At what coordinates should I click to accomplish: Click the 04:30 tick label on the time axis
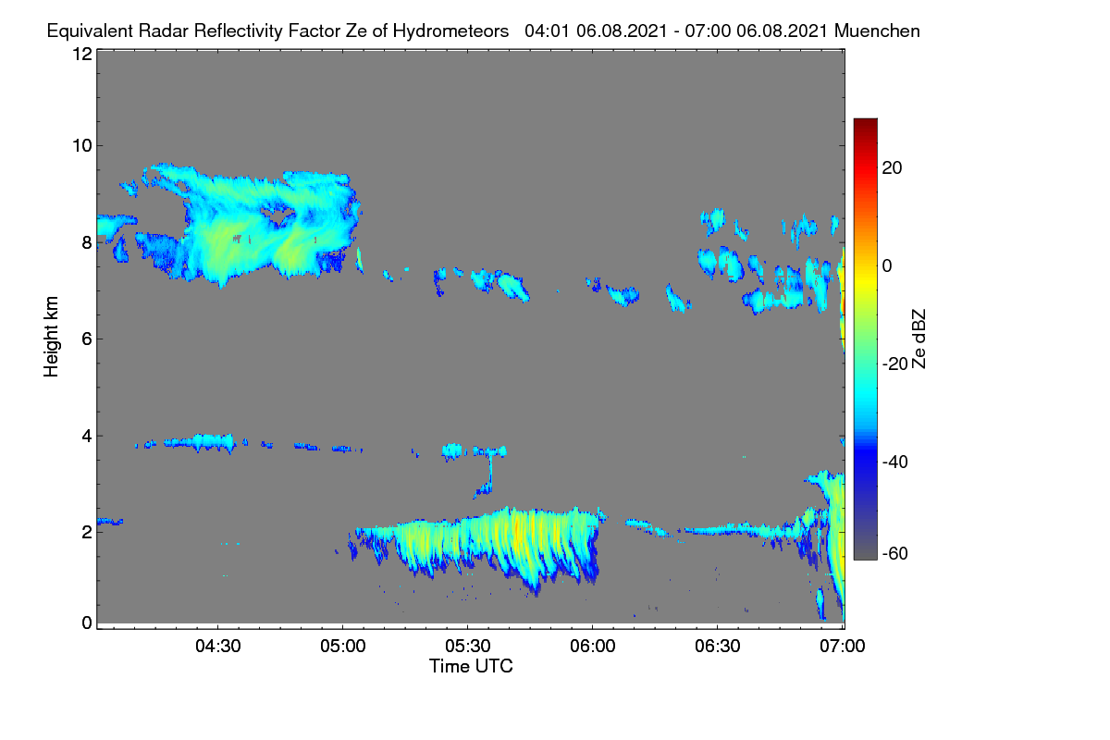pyautogui.click(x=218, y=647)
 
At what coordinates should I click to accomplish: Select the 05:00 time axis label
pyautogui.click(x=343, y=647)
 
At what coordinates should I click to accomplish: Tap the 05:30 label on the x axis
pyautogui.click(x=468, y=647)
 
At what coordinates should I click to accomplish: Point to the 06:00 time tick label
pyautogui.click(x=593, y=647)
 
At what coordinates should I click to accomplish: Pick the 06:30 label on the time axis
pyautogui.click(x=718, y=647)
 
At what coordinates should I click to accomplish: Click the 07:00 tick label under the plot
pyautogui.click(x=843, y=647)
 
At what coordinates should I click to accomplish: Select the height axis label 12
pyautogui.click(x=82, y=54)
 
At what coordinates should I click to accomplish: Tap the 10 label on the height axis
pyautogui.click(x=82, y=146)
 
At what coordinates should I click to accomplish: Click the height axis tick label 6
pyautogui.click(x=87, y=339)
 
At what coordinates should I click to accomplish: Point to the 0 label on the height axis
pyautogui.click(x=87, y=623)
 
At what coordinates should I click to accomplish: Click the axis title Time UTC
pyautogui.click(x=471, y=666)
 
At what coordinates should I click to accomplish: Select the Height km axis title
pyautogui.click(x=51, y=337)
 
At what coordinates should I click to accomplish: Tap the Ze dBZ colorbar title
pyautogui.click(x=919, y=339)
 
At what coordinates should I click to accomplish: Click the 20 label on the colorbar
pyautogui.click(x=892, y=168)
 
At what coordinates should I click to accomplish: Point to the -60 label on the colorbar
pyautogui.click(x=895, y=554)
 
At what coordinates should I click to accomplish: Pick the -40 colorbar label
pyautogui.click(x=895, y=462)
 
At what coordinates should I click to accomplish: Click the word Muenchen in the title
pyautogui.click(x=877, y=31)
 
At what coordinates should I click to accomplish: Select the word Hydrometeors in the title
pyautogui.click(x=451, y=31)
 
